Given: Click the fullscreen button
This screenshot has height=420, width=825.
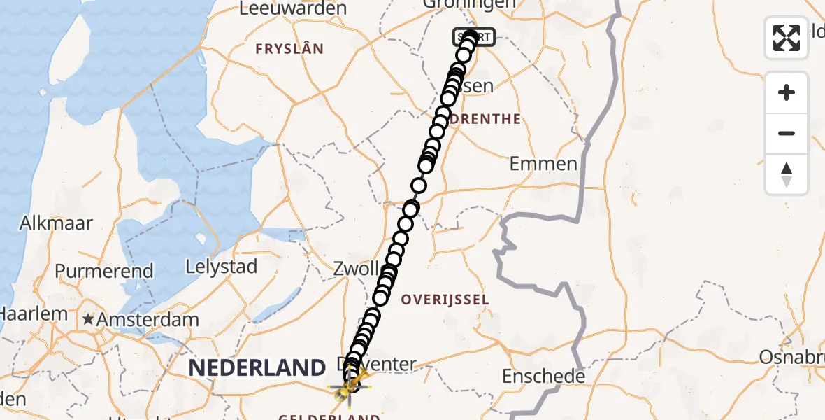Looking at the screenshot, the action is (787, 38).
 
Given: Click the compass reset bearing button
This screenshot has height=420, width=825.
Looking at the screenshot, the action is (787, 174).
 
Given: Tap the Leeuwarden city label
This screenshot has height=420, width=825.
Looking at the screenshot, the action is (293, 8).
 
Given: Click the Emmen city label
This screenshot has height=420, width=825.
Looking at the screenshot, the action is (543, 164).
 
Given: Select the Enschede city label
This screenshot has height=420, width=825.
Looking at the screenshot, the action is (543, 377).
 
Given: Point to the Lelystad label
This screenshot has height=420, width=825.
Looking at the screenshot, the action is (221, 267).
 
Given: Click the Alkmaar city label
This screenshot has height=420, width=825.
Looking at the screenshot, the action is (48, 223).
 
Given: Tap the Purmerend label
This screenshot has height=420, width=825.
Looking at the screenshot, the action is (104, 272).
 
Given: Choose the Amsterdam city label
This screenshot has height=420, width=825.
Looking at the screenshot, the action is (148, 320).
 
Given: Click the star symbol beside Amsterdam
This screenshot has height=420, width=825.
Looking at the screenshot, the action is (88, 320).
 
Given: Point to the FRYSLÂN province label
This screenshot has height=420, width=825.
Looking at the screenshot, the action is (289, 49).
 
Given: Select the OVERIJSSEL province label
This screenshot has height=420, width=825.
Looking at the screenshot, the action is (445, 300).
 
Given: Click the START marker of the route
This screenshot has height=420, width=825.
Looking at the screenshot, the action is (475, 37).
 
